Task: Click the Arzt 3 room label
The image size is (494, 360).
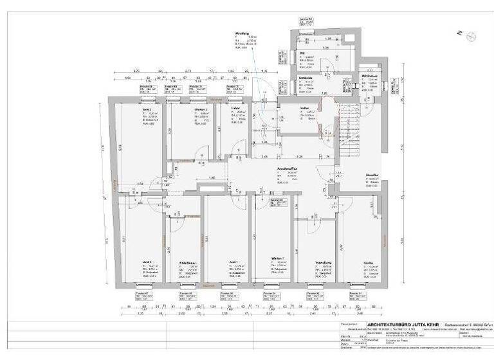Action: [147, 262]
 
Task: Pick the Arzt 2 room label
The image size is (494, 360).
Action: [147, 110]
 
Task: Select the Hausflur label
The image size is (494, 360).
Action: [354, 174]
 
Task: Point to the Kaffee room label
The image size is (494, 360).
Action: [305, 108]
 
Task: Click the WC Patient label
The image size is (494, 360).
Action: [368, 76]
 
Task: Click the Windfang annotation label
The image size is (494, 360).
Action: [242, 33]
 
